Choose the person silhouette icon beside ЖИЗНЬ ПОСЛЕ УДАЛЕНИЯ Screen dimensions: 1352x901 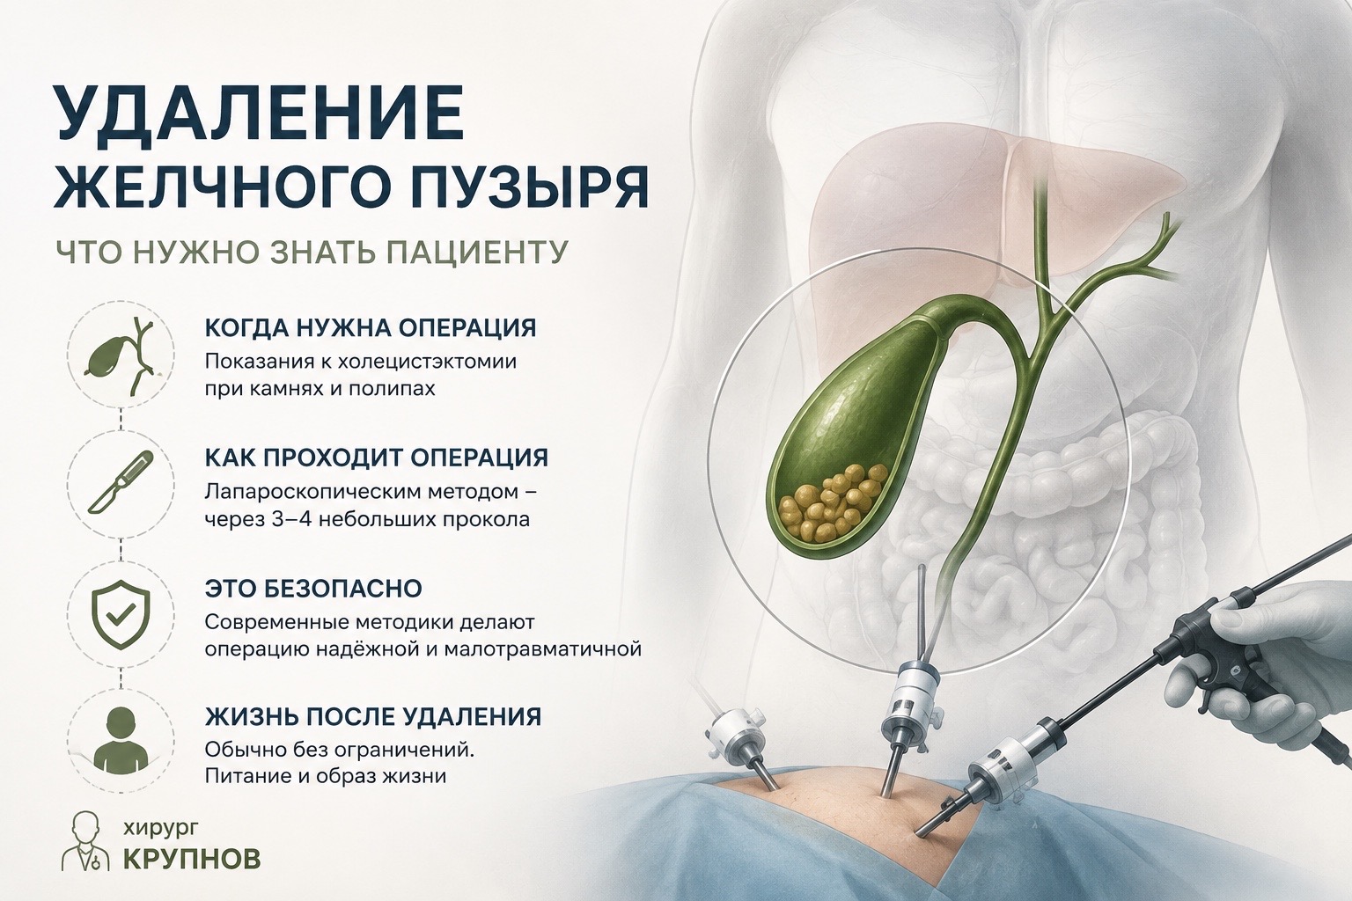(121, 744)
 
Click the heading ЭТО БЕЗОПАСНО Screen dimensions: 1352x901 (313, 589)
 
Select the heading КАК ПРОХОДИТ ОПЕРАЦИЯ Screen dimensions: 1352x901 (377, 458)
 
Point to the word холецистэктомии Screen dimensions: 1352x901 (427, 363)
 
